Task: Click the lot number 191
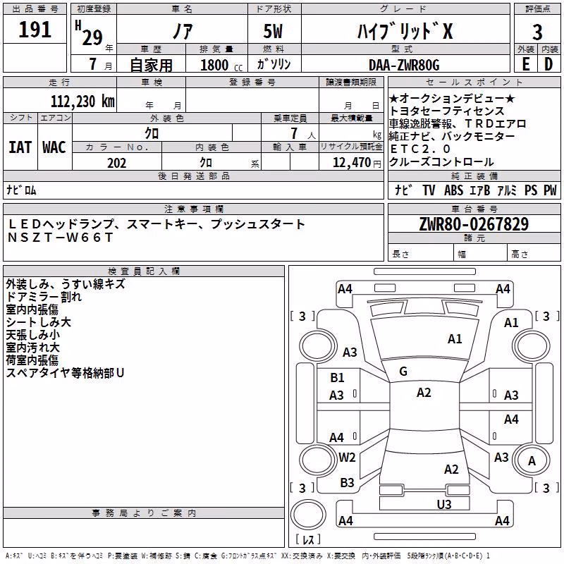[x=35, y=30]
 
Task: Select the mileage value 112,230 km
[x=82, y=102]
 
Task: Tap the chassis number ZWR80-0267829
[x=474, y=224]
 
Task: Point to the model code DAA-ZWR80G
[x=404, y=65]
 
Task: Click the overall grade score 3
[x=537, y=32]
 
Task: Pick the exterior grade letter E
[x=526, y=64]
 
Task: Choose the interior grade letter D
[x=548, y=64]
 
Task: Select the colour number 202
[x=117, y=163]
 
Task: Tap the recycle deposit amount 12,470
[x=352, y=163]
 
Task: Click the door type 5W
[x=273, y=31]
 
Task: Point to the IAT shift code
[x=20, y=147]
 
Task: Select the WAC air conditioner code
[x=54, y=147]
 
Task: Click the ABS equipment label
[x=453, y=190]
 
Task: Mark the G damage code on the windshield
[x=403, y=372]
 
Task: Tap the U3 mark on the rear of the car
[x=444, y=504]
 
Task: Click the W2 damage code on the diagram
[x=347, y=457]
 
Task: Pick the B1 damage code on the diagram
[x=337, y=378]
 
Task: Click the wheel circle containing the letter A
[x=532, y=460]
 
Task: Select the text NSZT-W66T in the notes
[x=61, y=238]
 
